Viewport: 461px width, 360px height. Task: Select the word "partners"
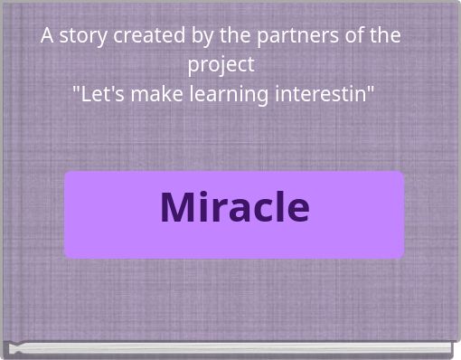292,36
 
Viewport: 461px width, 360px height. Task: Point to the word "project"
221,65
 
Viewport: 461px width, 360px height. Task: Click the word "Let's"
100,94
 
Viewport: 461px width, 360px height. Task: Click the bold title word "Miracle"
234,207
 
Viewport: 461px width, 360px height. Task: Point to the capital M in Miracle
178,207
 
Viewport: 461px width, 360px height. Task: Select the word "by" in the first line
201,36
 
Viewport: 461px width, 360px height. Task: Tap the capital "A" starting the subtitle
47,36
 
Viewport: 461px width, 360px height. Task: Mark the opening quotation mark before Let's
76,90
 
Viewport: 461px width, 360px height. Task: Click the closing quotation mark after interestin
371,90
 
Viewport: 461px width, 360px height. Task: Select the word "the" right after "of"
384,36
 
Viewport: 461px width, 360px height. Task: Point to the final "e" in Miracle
297,210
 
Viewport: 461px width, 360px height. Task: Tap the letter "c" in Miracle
260,210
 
